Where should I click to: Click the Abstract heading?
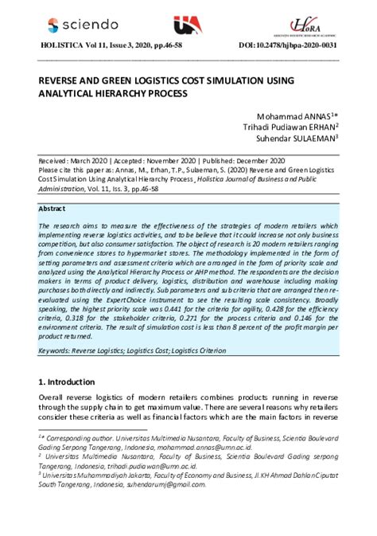click(x=54, y=209)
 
